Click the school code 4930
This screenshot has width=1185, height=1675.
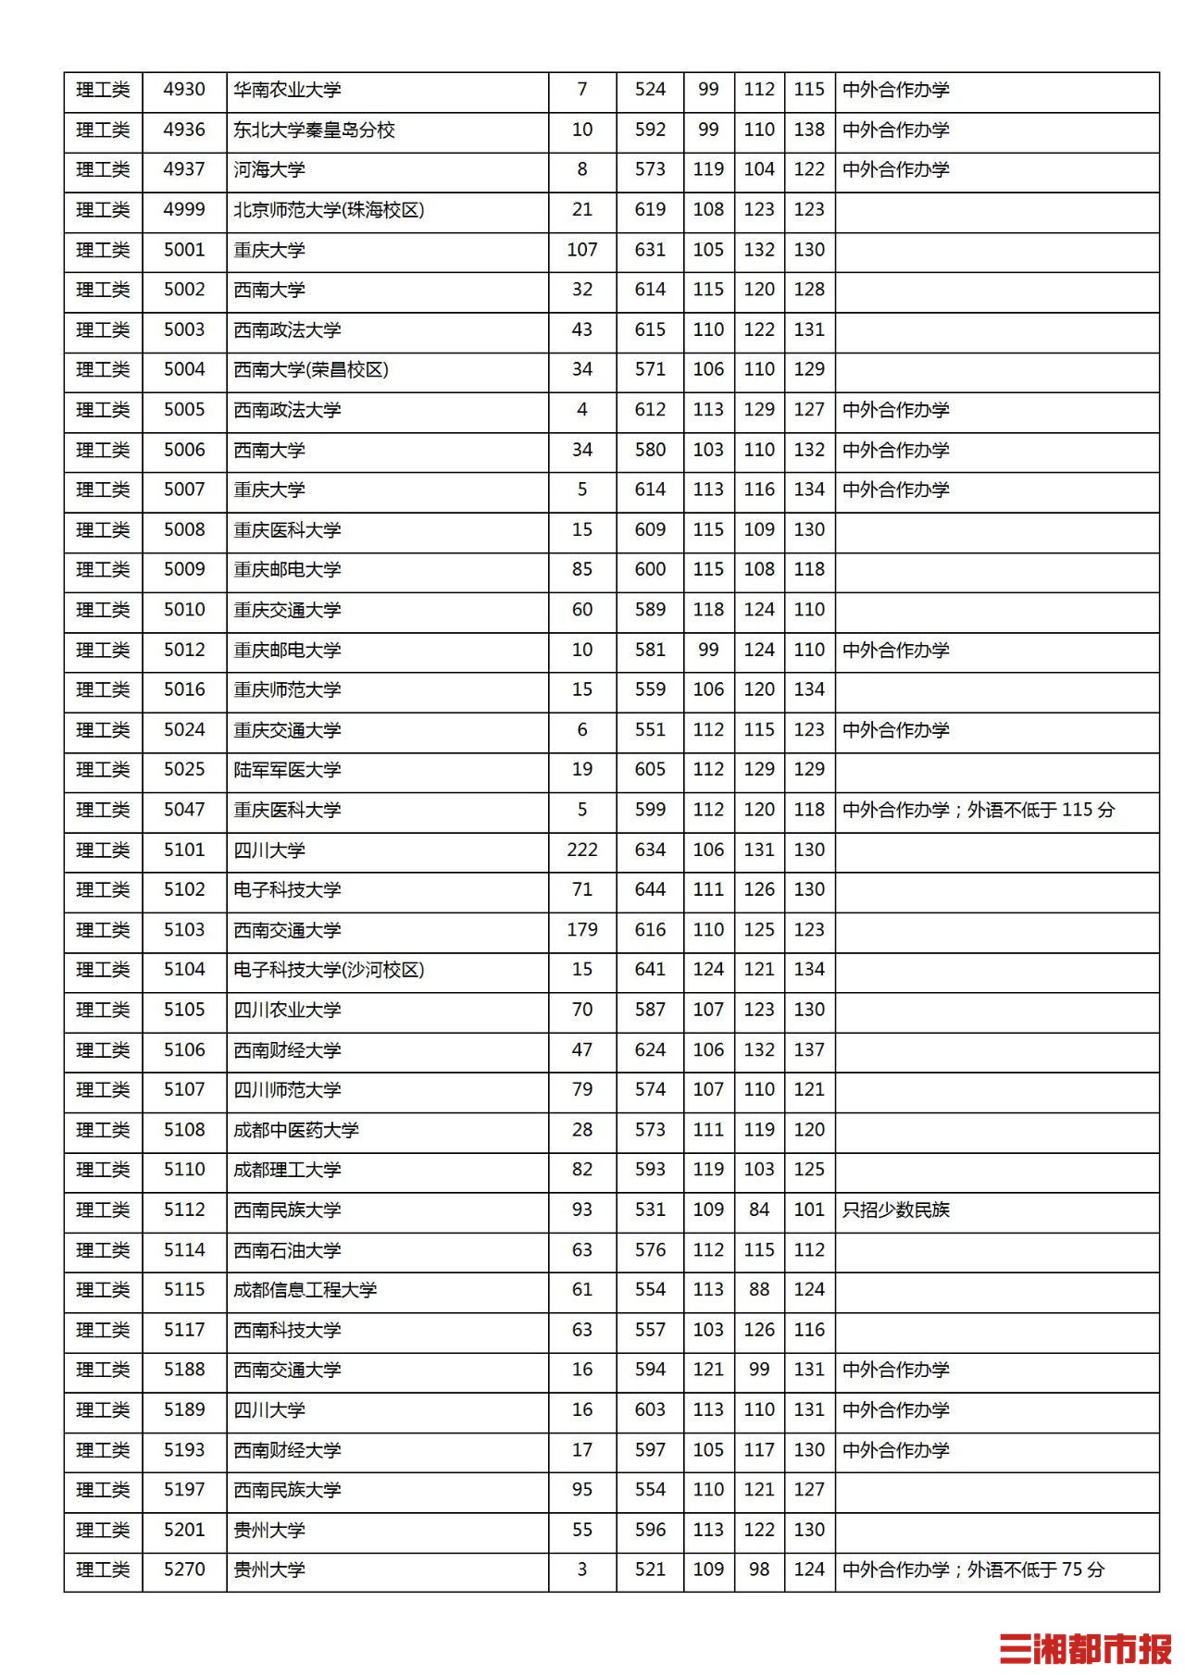coord(184,90)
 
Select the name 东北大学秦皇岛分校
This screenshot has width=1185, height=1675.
coord(314,130)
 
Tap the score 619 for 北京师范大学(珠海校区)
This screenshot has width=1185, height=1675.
coord(650,210)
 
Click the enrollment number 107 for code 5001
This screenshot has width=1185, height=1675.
coord(581,250)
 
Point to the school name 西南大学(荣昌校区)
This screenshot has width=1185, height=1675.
coord(311,370)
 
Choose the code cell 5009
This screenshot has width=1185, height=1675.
coord(184,570)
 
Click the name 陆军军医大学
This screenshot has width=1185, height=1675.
coord(287,770)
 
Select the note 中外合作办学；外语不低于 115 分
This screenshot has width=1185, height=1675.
coord(979,810)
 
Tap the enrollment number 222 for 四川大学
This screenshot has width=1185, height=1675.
coord(581,850)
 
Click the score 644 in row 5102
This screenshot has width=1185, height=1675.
coord(650,890)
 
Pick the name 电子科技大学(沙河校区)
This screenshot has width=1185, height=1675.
coord(329,970)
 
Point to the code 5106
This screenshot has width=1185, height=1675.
coord(184,1050)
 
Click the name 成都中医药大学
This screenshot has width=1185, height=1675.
coord(296,1130)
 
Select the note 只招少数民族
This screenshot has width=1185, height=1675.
coord(896,1210)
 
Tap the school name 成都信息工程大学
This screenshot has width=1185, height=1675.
coord(305,1290)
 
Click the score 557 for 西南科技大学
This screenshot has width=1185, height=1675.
coord(650,1330)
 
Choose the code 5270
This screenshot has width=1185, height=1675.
coord(184,1570)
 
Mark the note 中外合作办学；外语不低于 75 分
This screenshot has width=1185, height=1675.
coord(974,1570)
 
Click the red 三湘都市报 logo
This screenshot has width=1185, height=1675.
coord(1085,1648)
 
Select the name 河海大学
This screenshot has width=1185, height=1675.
coord(269,170)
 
